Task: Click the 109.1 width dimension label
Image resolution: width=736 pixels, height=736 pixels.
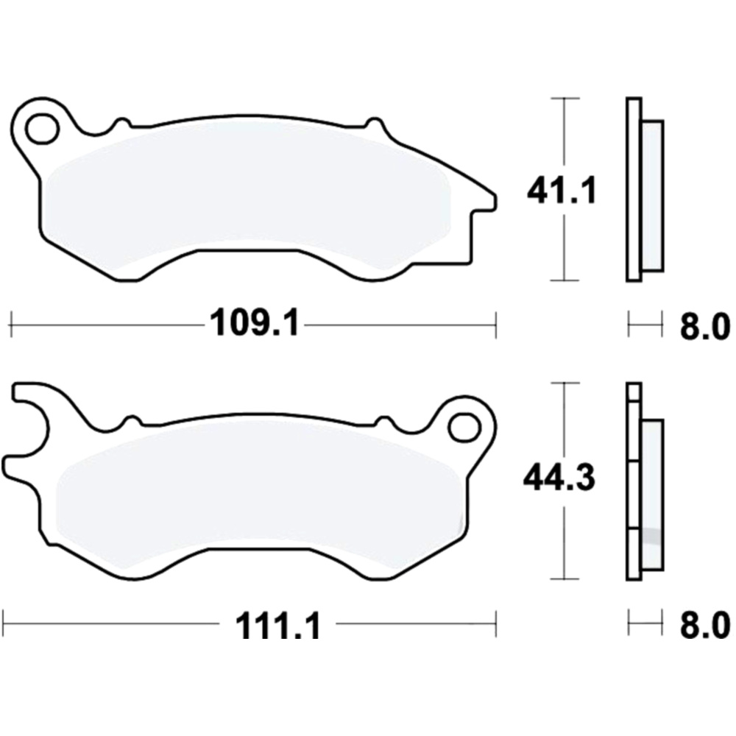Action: click(x=255, y=323)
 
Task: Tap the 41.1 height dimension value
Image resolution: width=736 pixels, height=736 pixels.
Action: click(x=562, y=191)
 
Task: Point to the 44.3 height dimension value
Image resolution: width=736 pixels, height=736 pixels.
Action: click(x=559, y=478)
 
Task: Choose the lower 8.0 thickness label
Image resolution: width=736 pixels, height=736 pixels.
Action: click(x=705, y=625)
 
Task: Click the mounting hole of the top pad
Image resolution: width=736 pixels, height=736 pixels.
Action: click(x=42, y=127)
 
